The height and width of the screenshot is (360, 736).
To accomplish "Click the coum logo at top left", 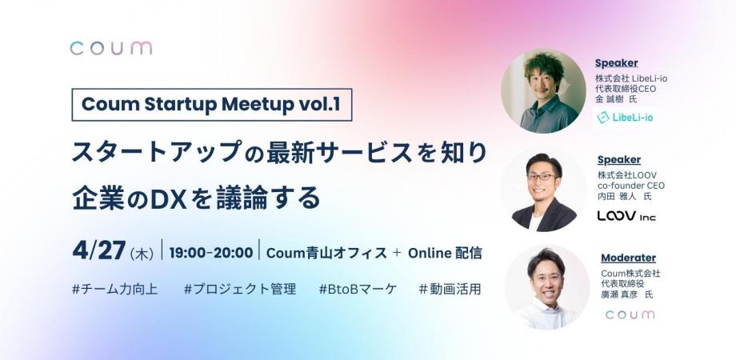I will (x=110, y=48).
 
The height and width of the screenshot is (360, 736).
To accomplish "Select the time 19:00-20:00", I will (x=210, y=253).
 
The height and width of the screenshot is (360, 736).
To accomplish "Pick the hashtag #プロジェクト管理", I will (x=239, y=289).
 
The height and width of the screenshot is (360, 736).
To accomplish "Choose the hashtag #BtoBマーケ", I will (x=357, y=289).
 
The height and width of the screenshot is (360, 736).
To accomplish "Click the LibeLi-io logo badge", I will (x=623, y=118).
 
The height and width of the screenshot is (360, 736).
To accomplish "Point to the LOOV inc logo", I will (x=627, y=215).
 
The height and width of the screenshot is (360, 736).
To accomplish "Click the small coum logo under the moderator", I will (x=630, y=314).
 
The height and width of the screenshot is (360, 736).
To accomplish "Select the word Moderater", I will (x=628, y=258).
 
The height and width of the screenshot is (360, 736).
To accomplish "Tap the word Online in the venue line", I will (x=430, y=253).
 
